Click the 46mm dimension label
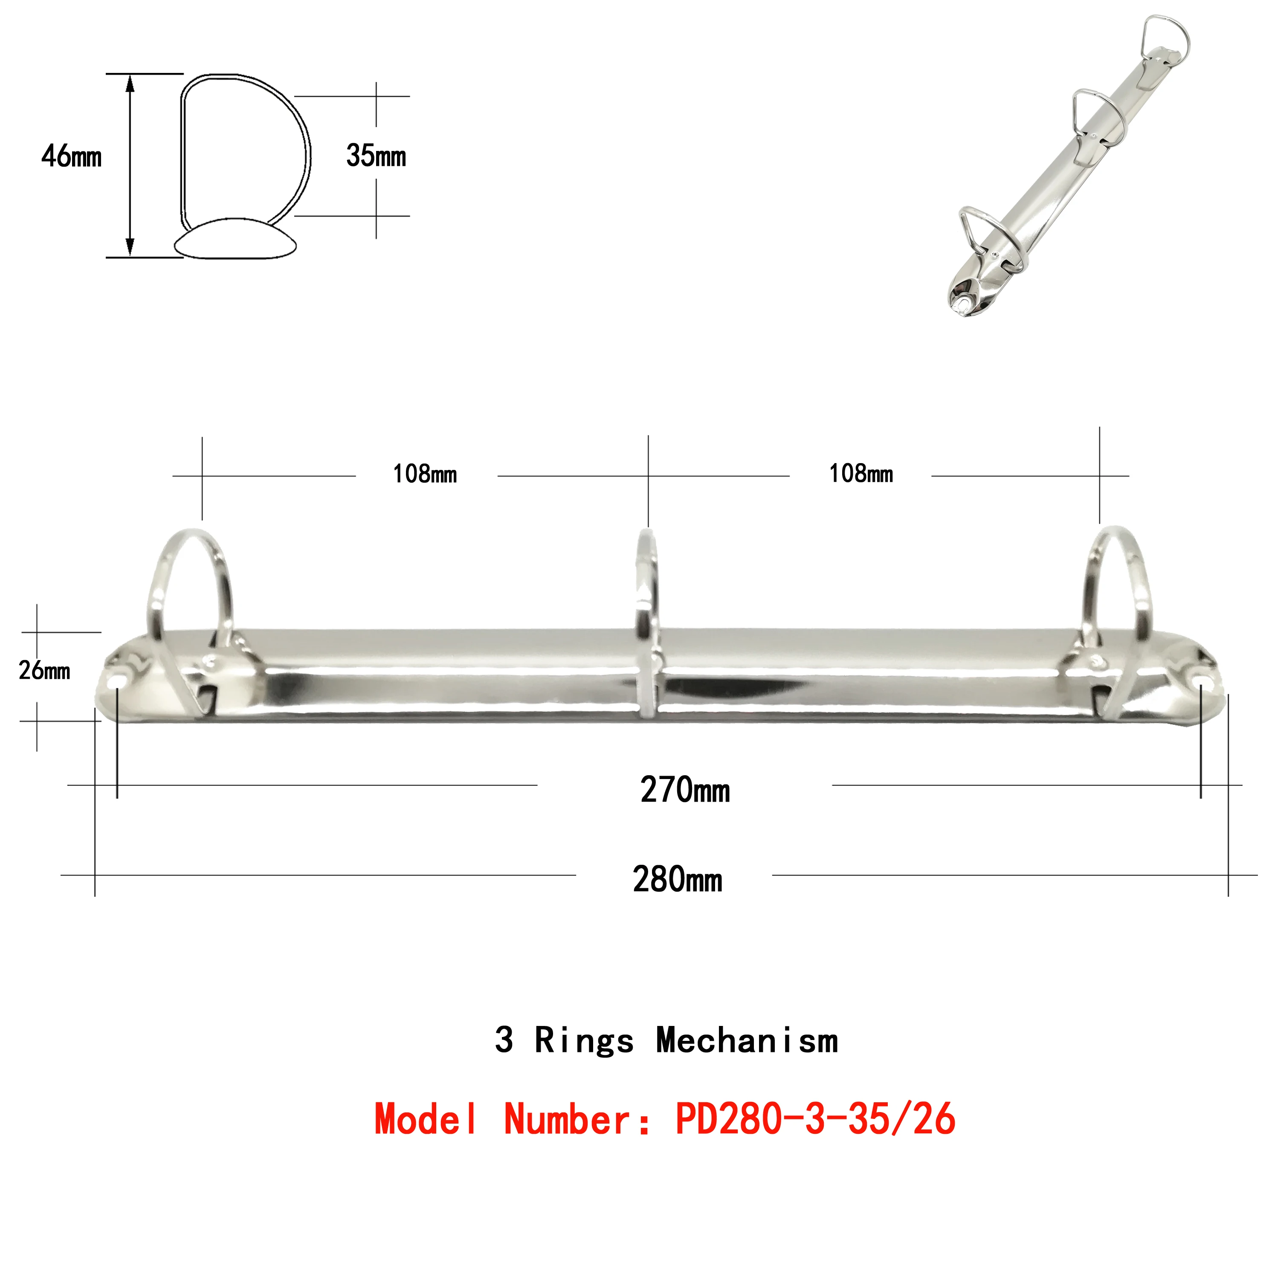(x=71, y=156)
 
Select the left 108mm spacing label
(x=424, y=474)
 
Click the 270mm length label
(x=684, y=790)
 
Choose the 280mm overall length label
(x=677, y=880)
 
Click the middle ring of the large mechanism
(x=647, y=591)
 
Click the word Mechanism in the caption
(x=747, y=1041)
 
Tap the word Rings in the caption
(x=584, y=1041)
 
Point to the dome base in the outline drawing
(x=235, y=240)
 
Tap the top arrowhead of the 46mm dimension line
(x=130, y=82)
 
